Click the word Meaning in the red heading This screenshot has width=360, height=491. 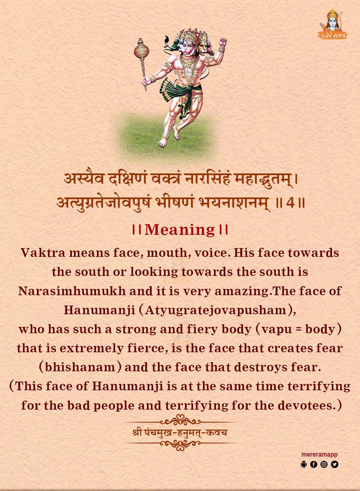[180, 230]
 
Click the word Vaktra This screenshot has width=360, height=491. [43, 253]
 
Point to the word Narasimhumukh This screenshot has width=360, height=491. [72, 291]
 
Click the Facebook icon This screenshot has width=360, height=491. [314, 464]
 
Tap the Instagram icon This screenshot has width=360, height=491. [324, 464]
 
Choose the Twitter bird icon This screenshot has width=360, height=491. [335, 464]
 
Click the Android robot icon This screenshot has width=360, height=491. [303, 464]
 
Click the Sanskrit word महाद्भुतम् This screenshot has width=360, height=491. [263, 180]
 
